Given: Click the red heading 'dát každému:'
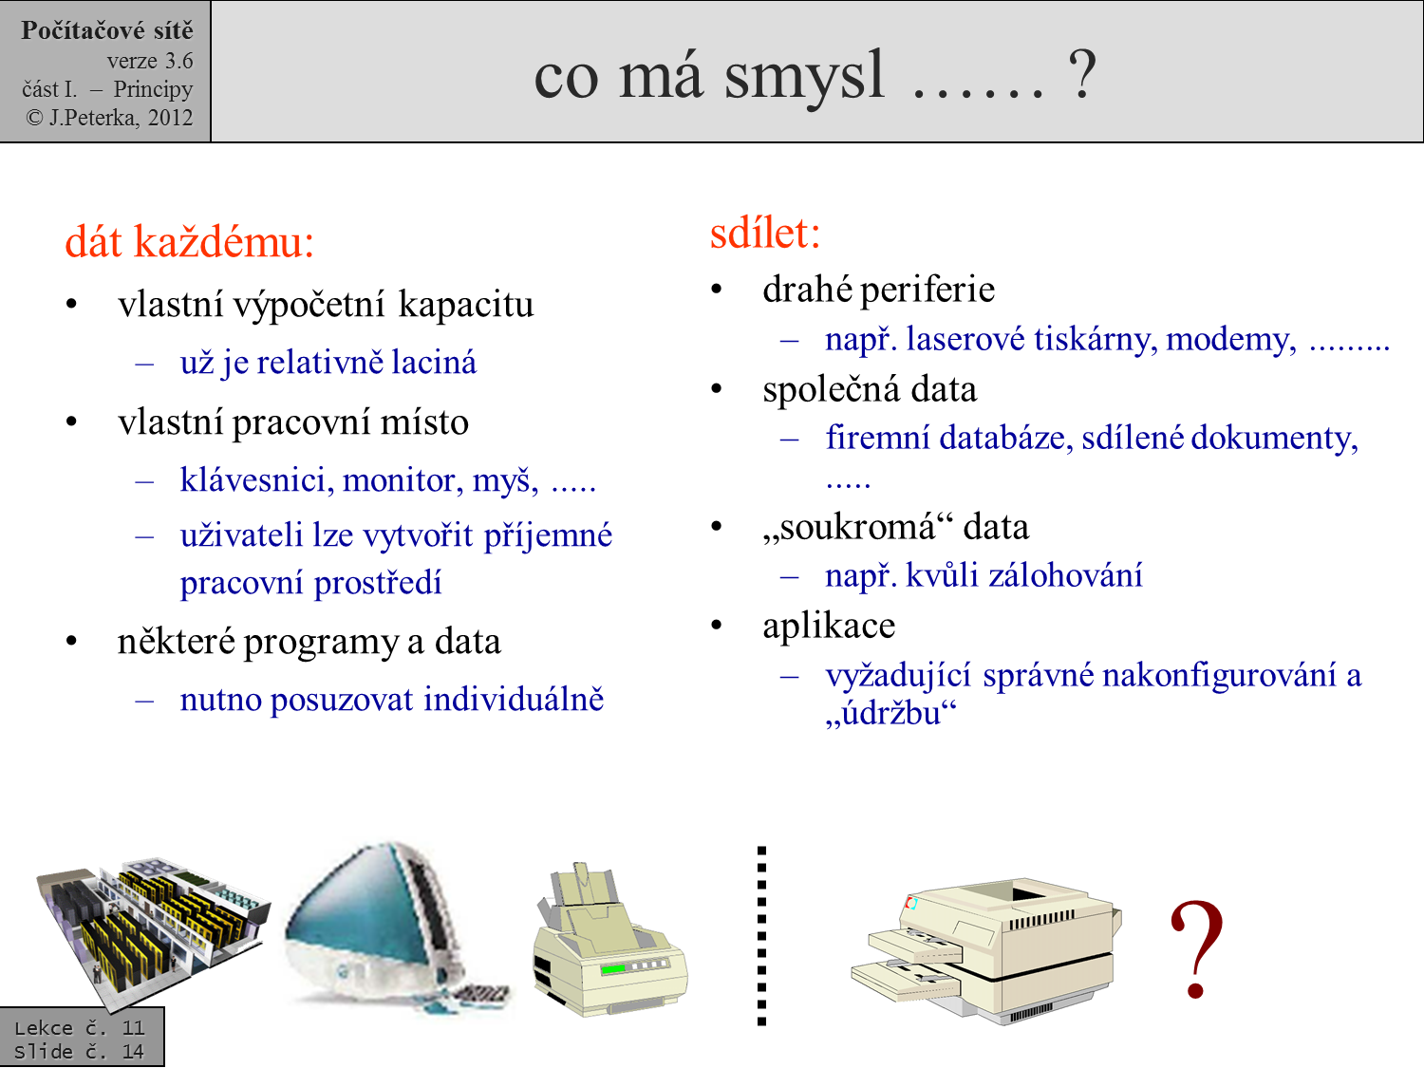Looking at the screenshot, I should click(189, 242).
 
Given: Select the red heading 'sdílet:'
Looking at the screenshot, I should click(764, 233).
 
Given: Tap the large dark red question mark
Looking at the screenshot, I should click(1196, 949).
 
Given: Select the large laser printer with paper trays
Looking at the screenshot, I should click(987, 949).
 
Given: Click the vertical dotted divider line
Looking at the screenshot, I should click(761, 935).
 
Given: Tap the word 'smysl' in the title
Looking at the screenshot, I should click(804, 76).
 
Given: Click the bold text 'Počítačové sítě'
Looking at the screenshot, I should click(106, 30).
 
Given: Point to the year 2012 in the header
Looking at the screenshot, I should click(170, 118).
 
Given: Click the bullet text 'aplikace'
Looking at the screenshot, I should click(828, 626).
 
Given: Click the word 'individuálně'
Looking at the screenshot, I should click(513, 700).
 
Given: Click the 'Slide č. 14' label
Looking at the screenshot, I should click(79, 1052).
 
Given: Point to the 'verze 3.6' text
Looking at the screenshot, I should click(149, 61).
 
